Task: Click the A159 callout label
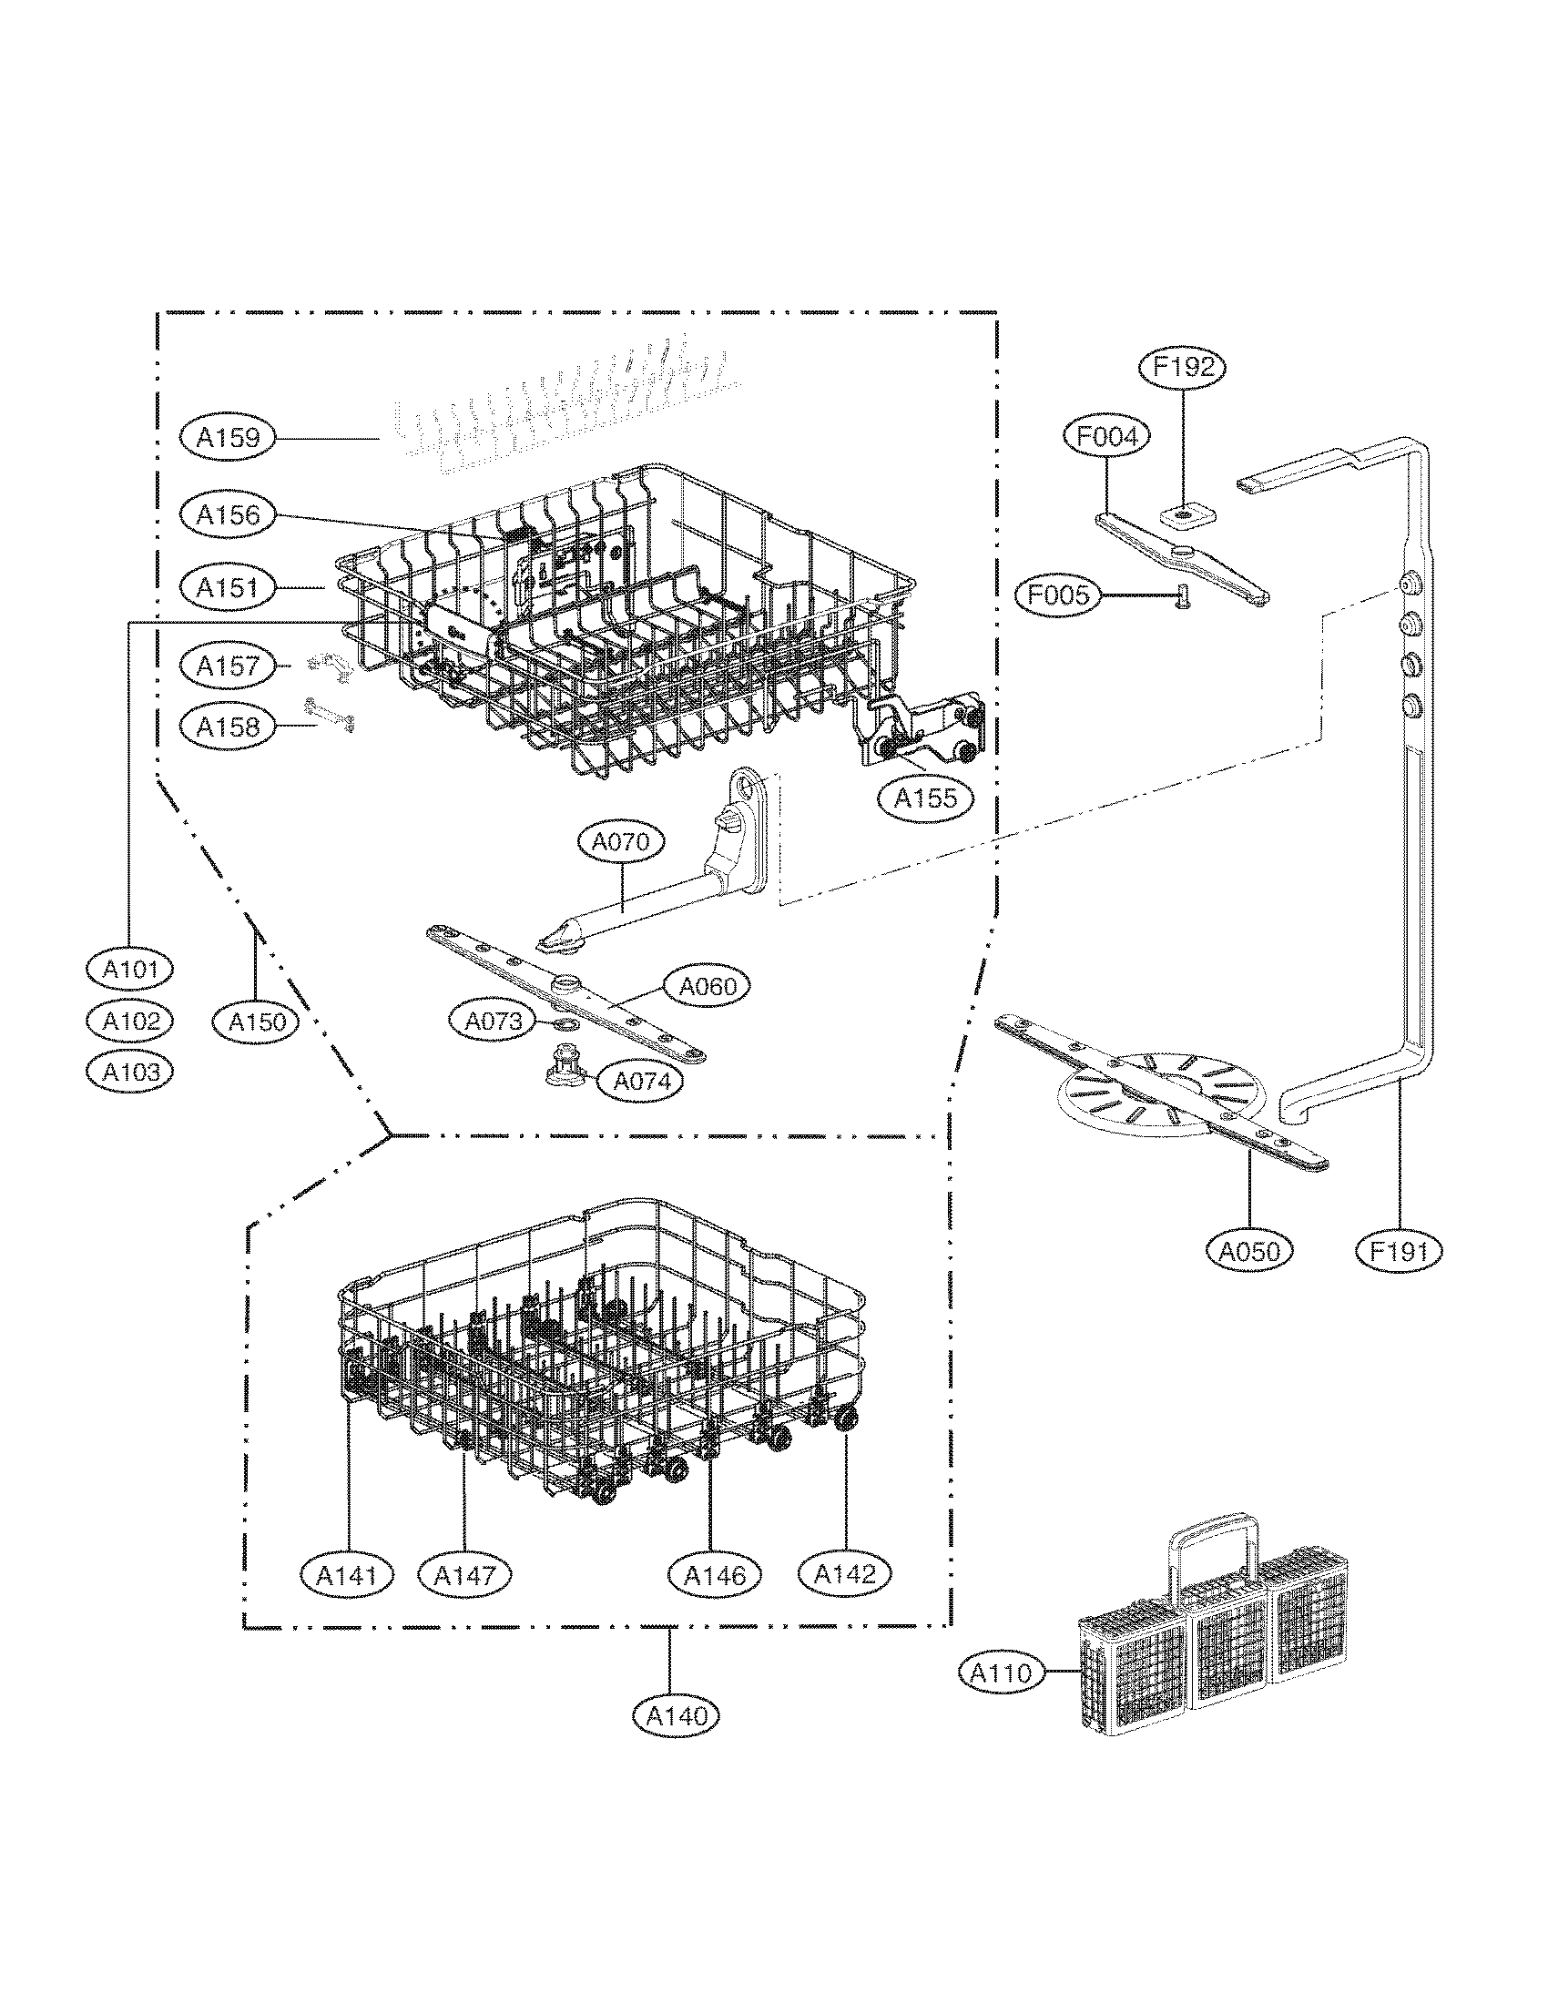[229, 437]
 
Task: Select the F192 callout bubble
[1183, 367]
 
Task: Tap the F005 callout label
[1057, 596]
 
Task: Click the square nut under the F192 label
[1185, 519]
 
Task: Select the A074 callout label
[641, 1083]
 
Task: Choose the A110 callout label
[1002, 1673]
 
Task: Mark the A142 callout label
[845, 1574]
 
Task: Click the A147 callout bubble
[463, 1576]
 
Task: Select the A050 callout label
[1251, 1250]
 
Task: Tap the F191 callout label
[1399, 1250]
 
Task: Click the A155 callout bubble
[924, 798]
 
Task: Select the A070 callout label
[621, 841]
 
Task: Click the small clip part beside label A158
[329, 716]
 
